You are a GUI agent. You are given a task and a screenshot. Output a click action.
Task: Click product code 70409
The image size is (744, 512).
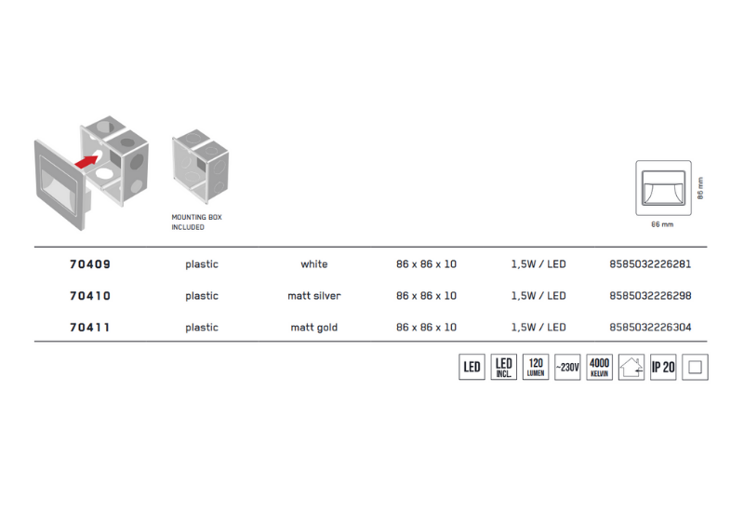point(90,264)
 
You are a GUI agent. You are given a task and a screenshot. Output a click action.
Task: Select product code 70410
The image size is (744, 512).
point(90,296)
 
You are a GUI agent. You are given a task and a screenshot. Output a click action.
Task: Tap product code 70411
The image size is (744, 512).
point(90,328)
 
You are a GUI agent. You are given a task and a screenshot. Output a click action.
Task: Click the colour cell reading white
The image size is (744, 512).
point(314,264)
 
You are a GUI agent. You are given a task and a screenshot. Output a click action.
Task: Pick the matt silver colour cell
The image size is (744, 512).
point(314,296)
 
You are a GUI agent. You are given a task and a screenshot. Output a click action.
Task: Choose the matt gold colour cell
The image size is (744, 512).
point(314,328)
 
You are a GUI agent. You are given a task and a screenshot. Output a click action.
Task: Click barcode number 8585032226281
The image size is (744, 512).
point(650,264)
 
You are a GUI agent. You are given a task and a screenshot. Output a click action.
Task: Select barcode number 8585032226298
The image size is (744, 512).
point(650,296)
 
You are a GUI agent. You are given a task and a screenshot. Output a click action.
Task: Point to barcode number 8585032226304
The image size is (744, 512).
point(650,328)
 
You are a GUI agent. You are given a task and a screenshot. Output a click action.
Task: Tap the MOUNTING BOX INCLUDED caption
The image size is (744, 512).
point(196,222)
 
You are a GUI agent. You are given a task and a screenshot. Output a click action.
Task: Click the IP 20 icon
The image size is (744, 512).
point(663,367)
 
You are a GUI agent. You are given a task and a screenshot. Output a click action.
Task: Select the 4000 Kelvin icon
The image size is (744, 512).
point(600,367)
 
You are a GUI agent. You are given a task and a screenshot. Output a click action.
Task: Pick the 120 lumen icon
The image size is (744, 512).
point(536,367)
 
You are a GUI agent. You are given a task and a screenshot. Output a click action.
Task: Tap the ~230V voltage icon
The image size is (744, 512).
point(567,367)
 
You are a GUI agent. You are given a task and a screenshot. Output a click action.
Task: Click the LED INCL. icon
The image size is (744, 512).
point(504,367)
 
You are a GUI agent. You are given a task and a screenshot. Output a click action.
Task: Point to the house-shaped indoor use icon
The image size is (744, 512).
point(631,367)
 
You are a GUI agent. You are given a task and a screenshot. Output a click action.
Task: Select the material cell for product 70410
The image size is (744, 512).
point(202,296)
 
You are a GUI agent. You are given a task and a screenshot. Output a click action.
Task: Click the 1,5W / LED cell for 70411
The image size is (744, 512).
point(538,328)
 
